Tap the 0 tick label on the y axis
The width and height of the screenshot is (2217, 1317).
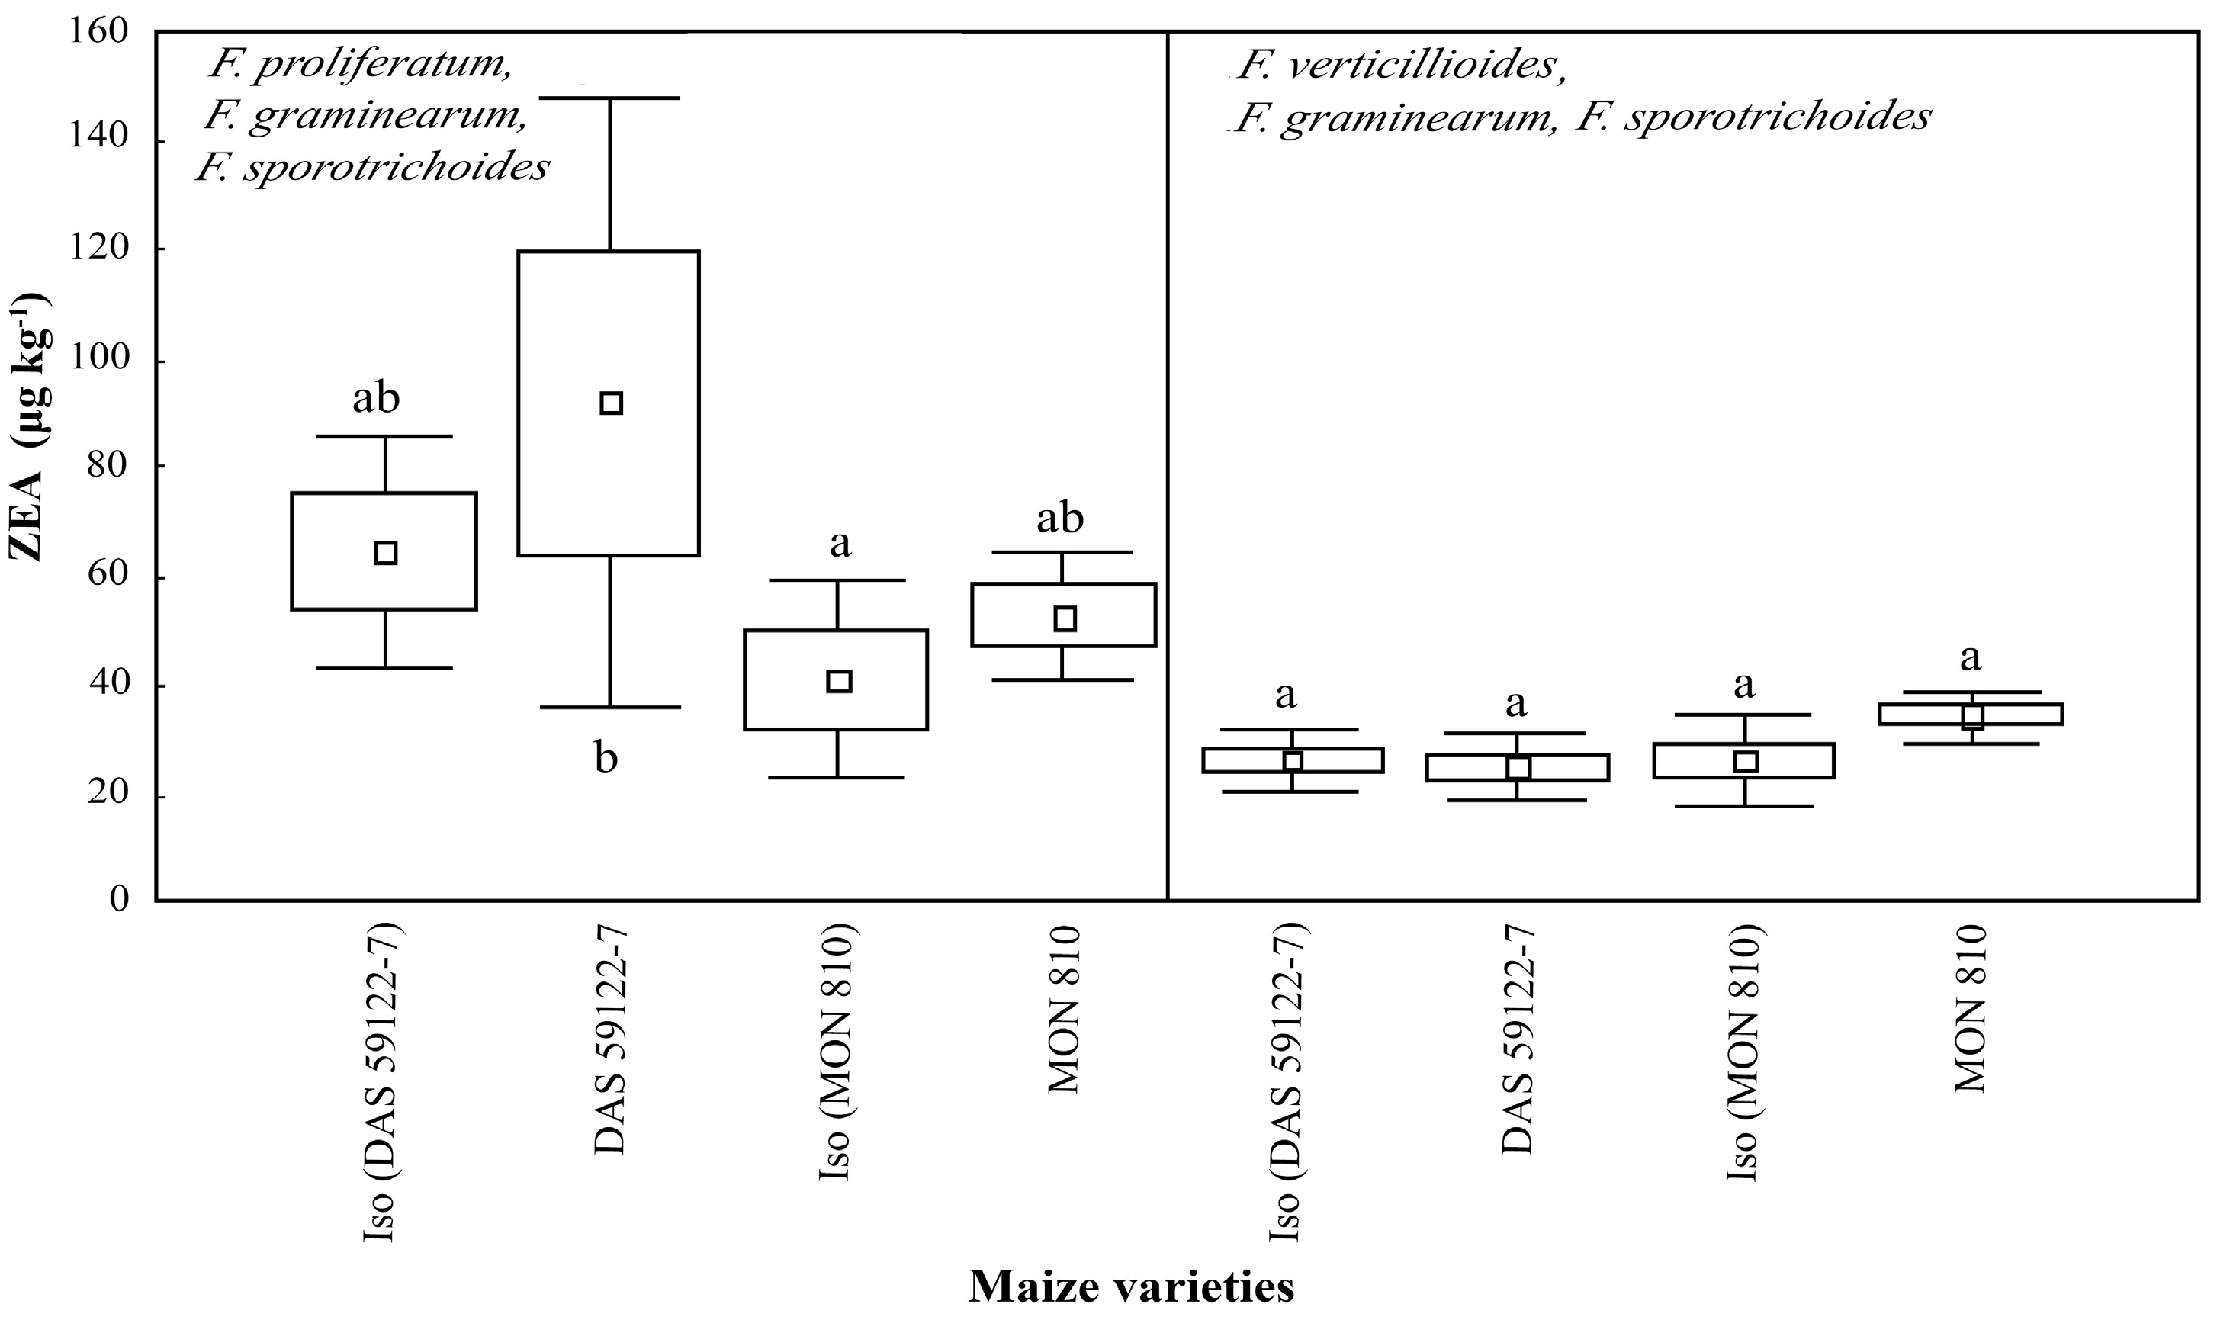click(119, 898)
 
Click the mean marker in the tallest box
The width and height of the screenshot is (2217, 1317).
click(611, 403)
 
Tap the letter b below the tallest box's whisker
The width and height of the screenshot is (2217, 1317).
click(606, 759)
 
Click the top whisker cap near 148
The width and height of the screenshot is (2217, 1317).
click(609, 98)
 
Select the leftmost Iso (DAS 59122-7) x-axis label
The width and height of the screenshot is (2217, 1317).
click(385, 1082)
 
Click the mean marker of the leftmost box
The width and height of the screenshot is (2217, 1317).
click(385, 553)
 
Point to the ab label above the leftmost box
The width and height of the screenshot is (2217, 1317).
click(376, 399)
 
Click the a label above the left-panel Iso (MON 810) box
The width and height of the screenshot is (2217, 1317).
click(840, 543)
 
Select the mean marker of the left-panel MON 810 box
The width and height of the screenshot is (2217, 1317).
click(1065, 618)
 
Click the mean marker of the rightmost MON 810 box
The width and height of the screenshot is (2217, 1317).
click(1972, 715)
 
